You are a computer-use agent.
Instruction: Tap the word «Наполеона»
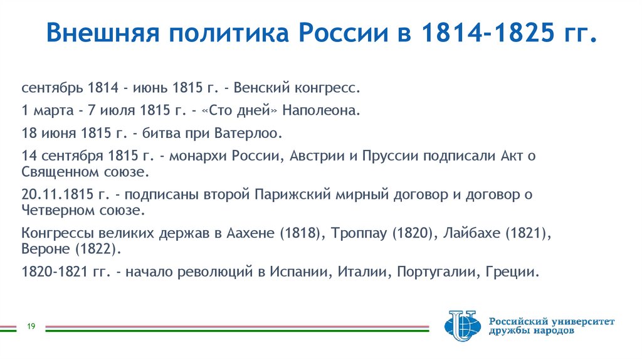pos(321,111)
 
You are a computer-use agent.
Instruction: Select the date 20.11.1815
pos(57,194)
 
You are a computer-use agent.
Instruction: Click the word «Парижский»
pos(293,194)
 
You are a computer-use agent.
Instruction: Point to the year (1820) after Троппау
pos(410,233)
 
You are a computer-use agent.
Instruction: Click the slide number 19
pos(30,326)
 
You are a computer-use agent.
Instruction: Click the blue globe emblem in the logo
pos(461,326)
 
